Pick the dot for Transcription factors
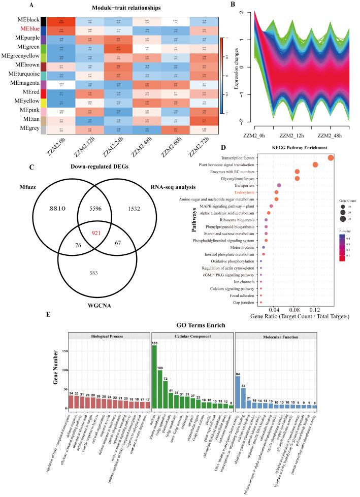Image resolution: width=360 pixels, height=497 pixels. pos(331,158)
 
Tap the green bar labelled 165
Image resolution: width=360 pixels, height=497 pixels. pos(154,377)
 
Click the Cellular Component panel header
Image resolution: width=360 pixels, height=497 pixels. pos(192,336)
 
